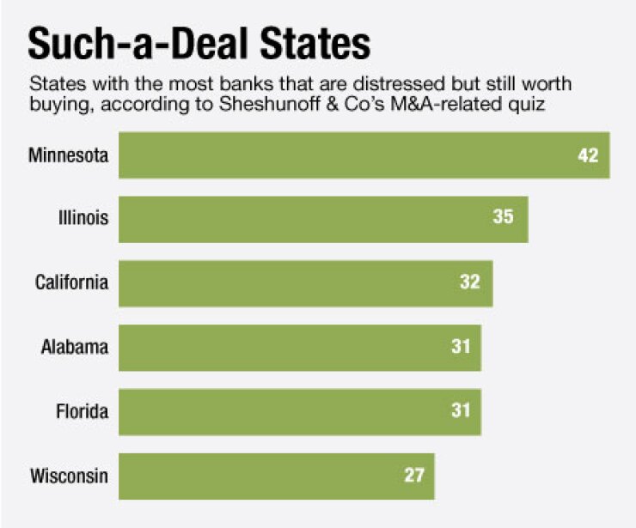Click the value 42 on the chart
[588, 156]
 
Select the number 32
[469, 283]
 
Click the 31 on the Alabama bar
[460, 348]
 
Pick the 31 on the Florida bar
[460, 411]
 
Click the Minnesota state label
[69, 155]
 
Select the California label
[72, 282]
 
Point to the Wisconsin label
[70, 475]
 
